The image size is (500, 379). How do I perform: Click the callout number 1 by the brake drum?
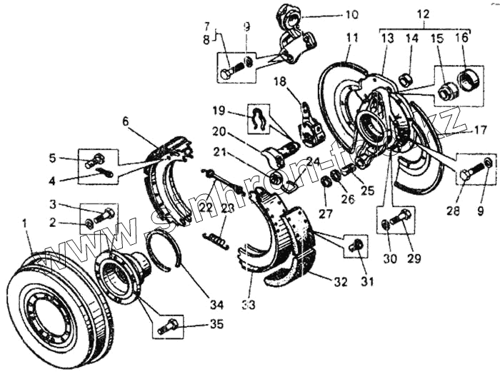tap(26, 224)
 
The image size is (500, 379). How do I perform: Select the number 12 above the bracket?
tap(424, 14)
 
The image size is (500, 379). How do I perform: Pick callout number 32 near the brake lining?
tap(341, 282)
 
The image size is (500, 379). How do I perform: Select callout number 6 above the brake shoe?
tap(126, 121)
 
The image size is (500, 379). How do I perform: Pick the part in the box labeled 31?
tap(356, 245)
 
